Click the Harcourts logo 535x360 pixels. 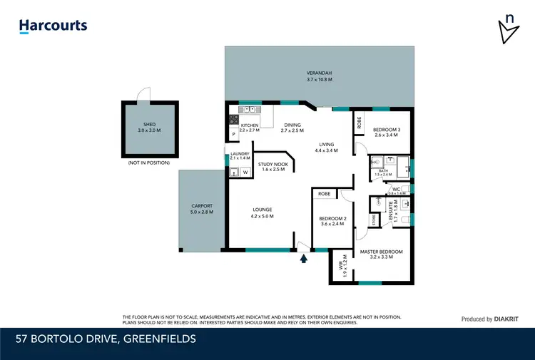tap(53, 26)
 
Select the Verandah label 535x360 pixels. tap(319, 76)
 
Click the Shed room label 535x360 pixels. tap(149, 127)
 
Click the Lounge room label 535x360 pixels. tap(262, 212)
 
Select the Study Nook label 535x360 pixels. tap(272, 166)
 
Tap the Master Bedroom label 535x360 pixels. tap(381, 254)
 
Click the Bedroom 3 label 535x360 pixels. tap(387, 132)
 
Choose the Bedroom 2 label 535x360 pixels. tap(332, 221)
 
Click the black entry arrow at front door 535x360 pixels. tap(304, 259)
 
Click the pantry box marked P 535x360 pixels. tap(233, 134)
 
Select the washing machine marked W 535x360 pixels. tap(245, 172)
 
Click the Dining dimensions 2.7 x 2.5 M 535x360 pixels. tap(292, 131)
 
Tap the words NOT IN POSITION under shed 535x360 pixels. tap(148, 163)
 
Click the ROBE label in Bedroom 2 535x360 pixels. tap(324, 193)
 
